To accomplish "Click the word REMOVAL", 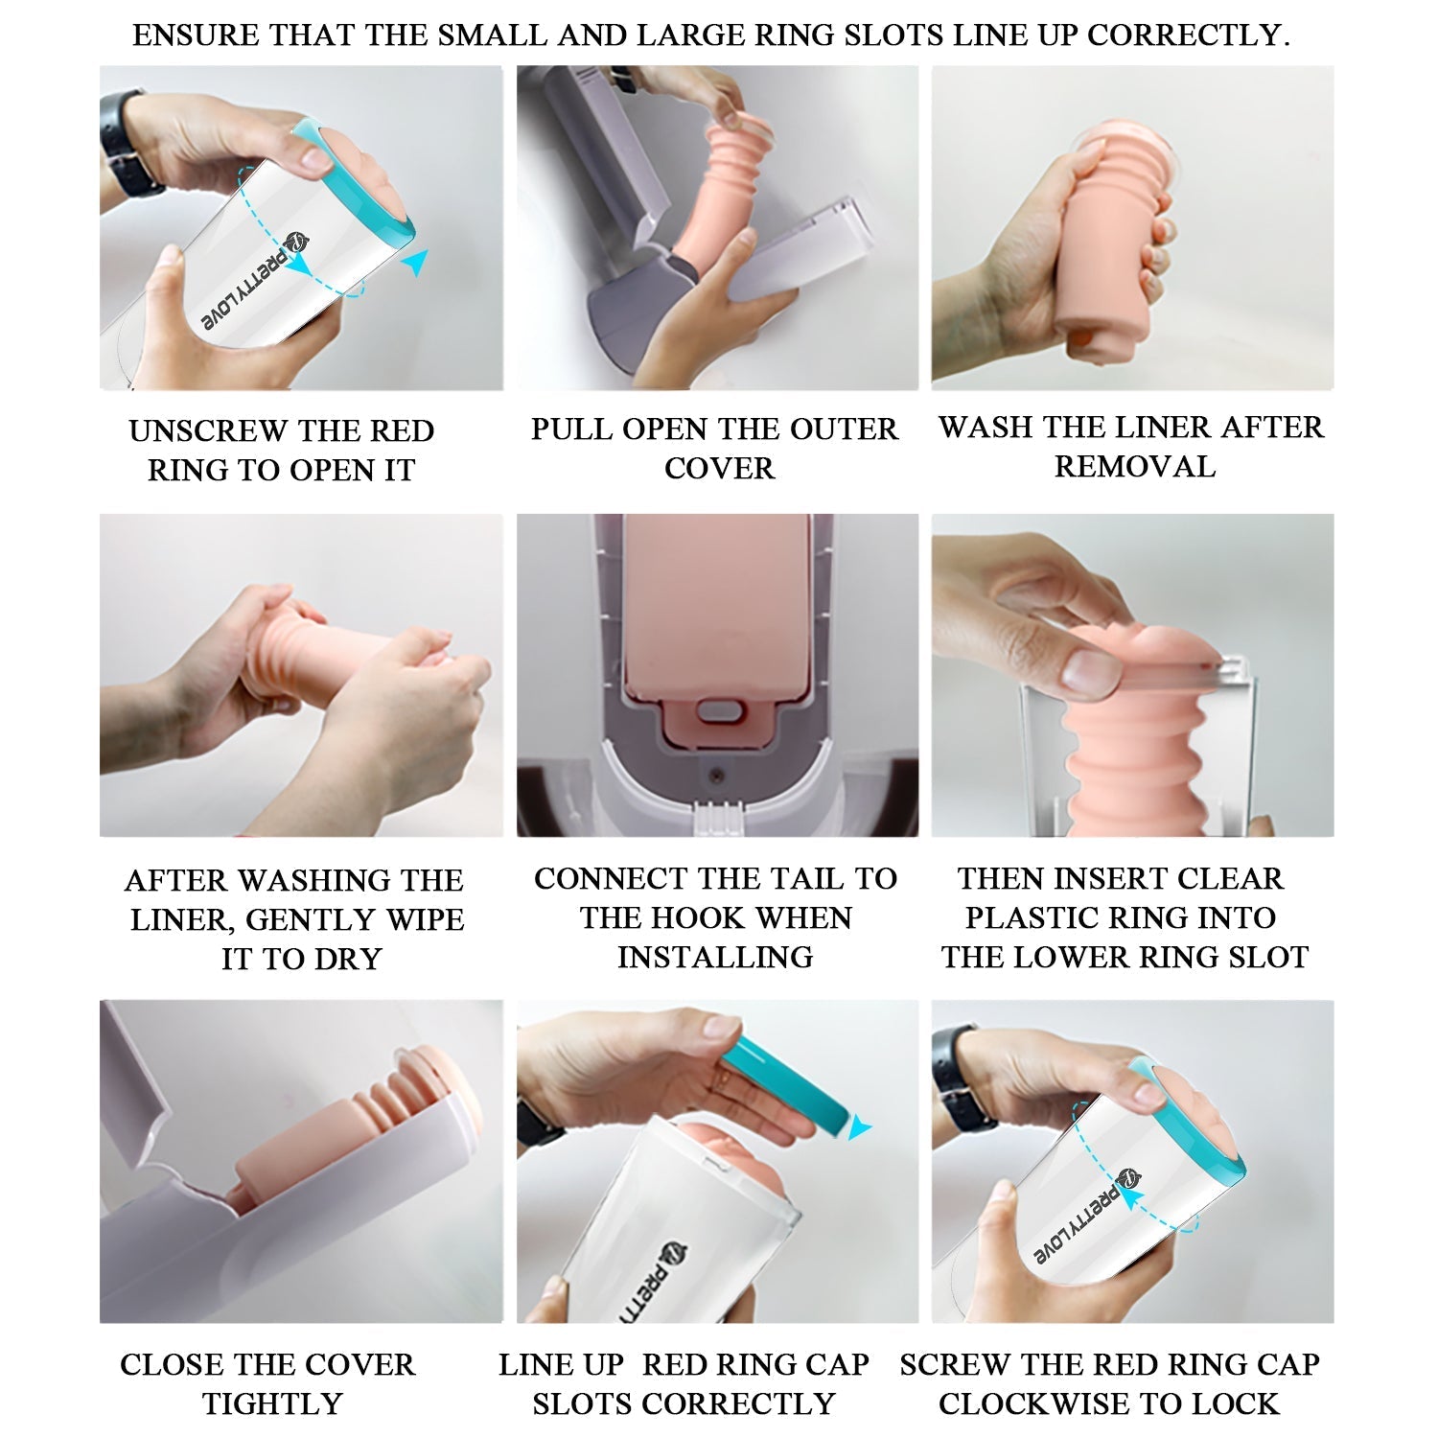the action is click(x=1135, y=467).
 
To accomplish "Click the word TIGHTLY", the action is click(x=272, y=1404).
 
